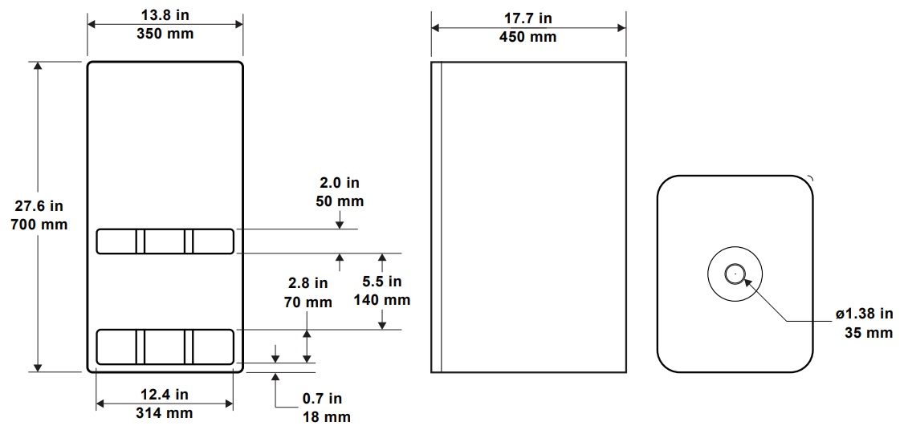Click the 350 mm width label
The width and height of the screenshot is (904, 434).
(x=165, y=34)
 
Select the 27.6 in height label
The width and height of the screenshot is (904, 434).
(x=39, y=205)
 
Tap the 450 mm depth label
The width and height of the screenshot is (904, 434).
(x=528, y=37)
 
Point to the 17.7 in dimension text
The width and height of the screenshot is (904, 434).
(x=528, y=18)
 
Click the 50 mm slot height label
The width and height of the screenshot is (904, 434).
(x=340, y=201)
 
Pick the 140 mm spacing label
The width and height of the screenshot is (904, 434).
(x=382, y=300)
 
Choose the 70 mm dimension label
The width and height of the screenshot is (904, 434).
(x=307, y=302)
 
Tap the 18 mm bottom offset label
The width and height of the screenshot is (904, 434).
(x=326, y=416)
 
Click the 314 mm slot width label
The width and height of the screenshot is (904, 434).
(x=165, y=412)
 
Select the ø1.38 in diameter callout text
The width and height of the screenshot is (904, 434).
(x=865, y=314)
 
